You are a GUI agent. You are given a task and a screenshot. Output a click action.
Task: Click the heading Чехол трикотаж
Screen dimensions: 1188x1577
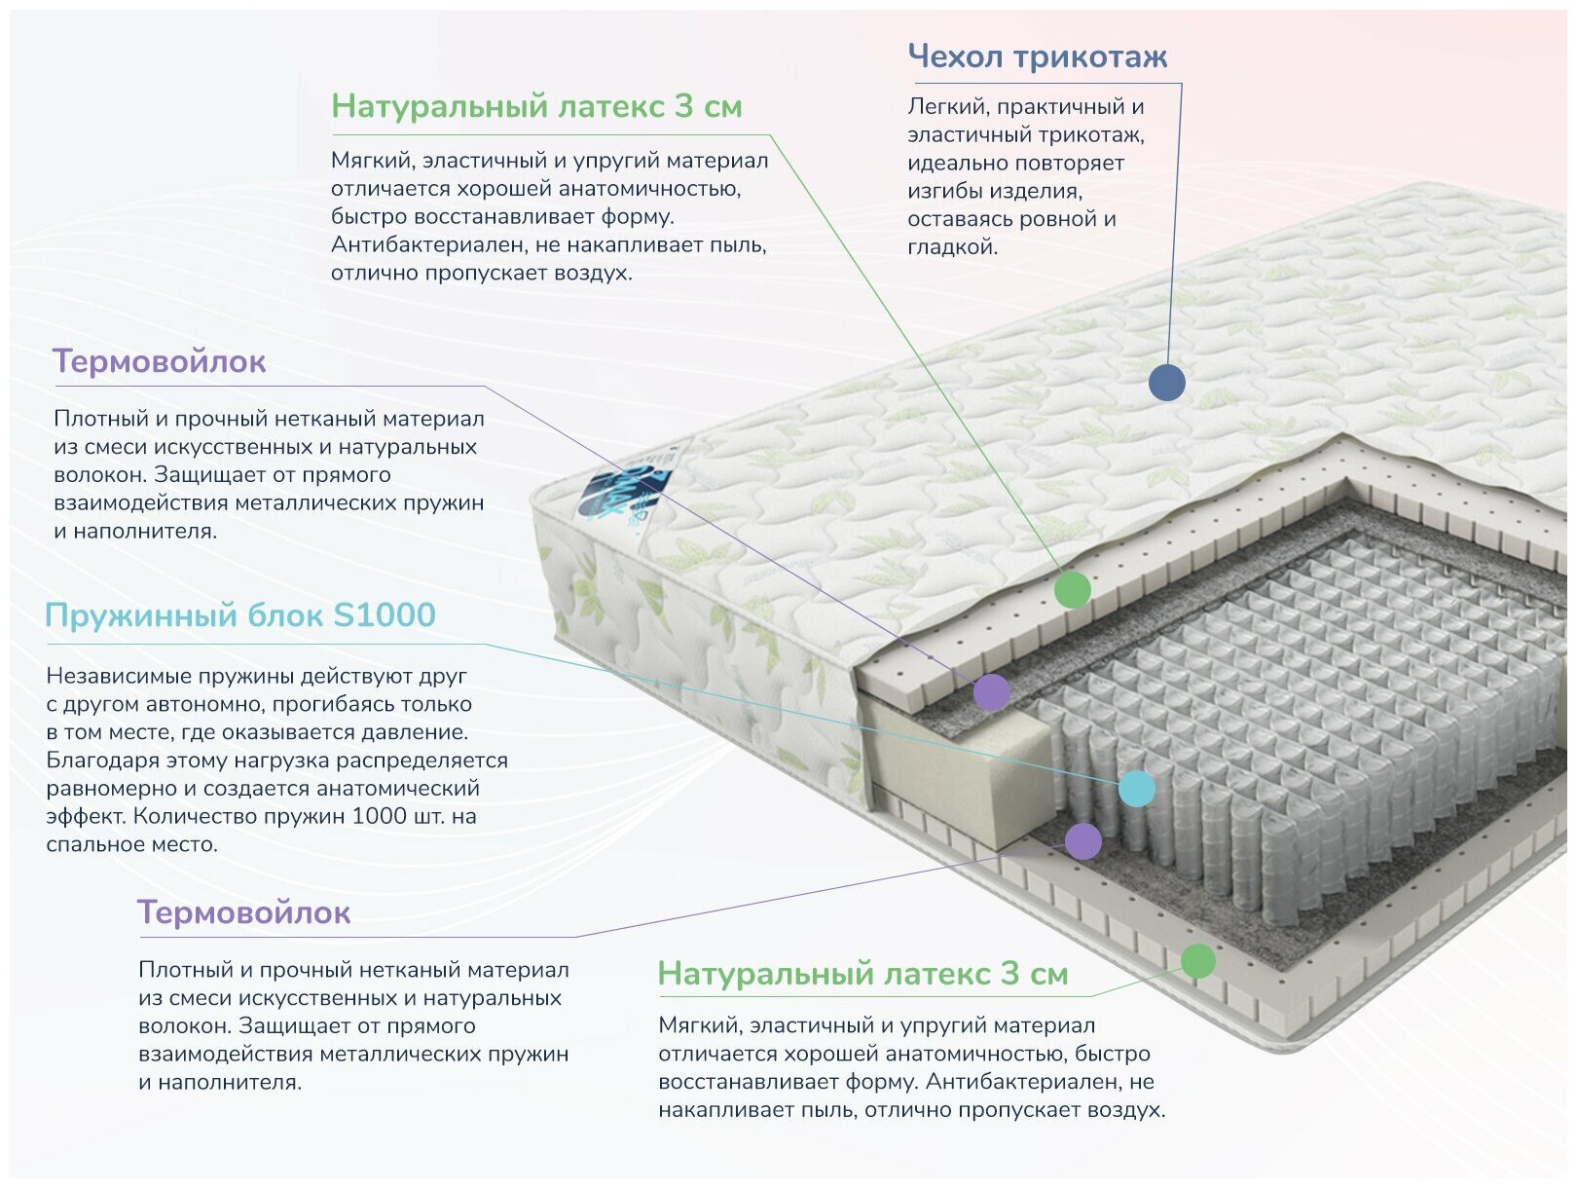[x=1037, y=56]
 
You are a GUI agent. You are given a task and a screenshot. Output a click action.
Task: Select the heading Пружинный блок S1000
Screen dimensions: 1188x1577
[x=239, y=615]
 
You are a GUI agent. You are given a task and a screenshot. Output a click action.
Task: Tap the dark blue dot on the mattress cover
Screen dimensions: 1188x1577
[x=1166, y=382]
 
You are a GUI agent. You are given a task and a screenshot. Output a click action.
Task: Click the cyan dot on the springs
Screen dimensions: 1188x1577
[x=1136, y=788]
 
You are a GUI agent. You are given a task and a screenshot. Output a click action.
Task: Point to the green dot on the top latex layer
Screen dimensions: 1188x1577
[x=1072, y=589]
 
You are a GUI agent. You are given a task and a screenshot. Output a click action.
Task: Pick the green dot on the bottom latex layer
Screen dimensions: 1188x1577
[x=1197, y=960]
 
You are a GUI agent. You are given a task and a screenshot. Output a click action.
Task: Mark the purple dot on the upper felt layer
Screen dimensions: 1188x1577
[x=991, y=692]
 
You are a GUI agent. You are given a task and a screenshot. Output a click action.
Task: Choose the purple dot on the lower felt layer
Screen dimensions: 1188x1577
[x=1082, y=840]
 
